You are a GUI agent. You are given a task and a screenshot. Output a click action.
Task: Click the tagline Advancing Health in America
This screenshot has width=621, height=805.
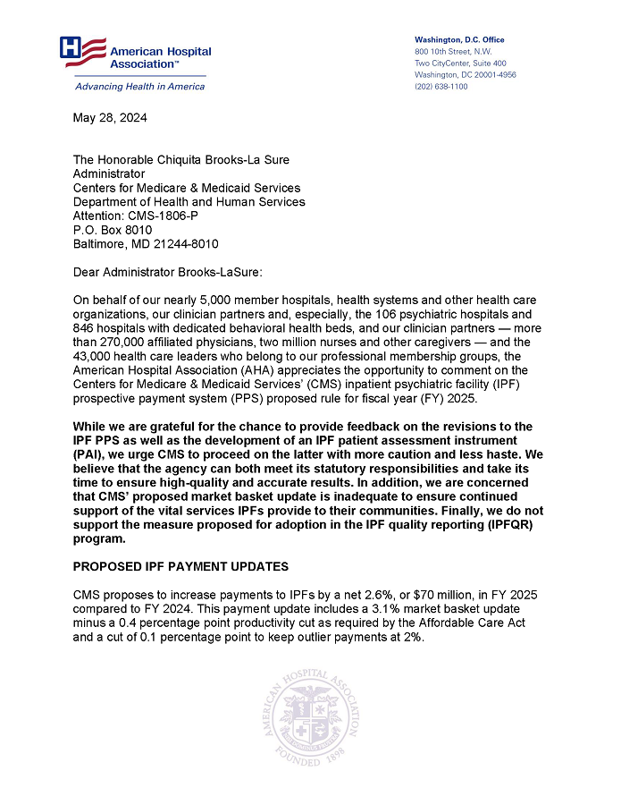click(139, 87)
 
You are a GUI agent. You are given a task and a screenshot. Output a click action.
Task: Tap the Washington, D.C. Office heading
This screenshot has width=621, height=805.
click(459, 40)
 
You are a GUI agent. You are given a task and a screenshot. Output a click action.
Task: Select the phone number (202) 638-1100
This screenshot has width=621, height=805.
click(441, 87)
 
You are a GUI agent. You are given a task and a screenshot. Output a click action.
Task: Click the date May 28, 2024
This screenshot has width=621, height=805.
click(110, 118)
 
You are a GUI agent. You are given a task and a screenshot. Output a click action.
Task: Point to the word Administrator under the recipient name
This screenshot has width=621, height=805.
click(108, 174)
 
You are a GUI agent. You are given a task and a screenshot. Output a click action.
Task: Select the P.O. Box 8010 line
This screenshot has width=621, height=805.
click(112, 230)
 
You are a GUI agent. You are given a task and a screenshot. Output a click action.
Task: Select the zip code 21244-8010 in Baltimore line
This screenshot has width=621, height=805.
click(183, 243)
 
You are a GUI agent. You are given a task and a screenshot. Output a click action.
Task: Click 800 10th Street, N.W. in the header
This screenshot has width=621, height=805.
click(453, 52)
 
